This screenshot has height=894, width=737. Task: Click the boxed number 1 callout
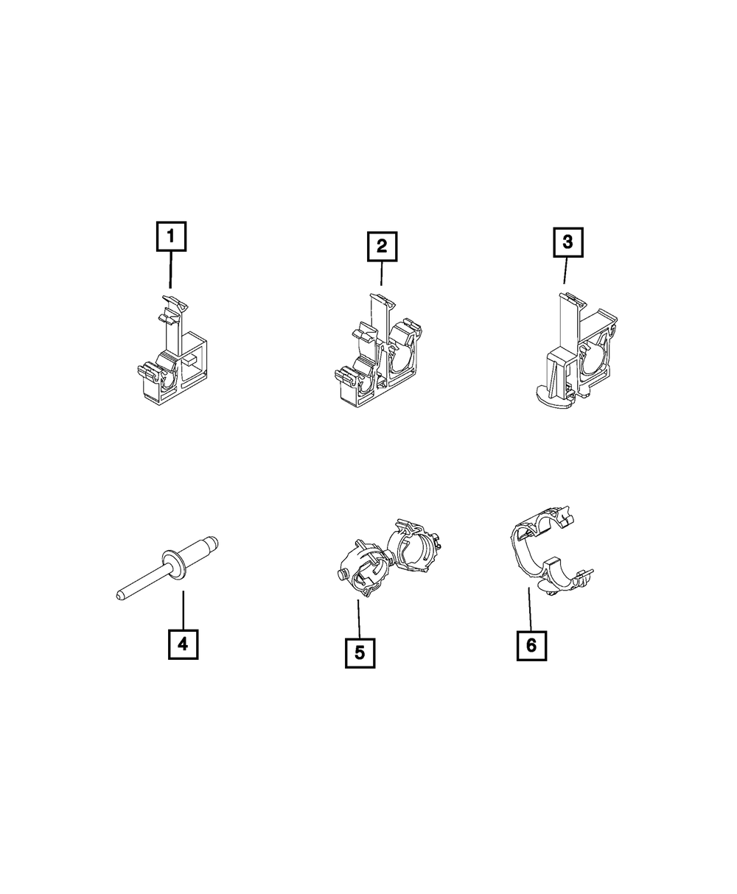171,236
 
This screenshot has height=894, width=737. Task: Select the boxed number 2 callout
382,246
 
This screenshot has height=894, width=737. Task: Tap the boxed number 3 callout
567,242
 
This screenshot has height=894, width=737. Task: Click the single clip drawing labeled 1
172,351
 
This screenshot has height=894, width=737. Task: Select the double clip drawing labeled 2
378,351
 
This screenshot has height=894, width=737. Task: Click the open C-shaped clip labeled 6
551,550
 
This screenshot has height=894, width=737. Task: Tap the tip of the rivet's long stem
118,596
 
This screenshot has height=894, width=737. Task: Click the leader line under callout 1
170,270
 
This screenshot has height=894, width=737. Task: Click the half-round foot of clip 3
553,394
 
